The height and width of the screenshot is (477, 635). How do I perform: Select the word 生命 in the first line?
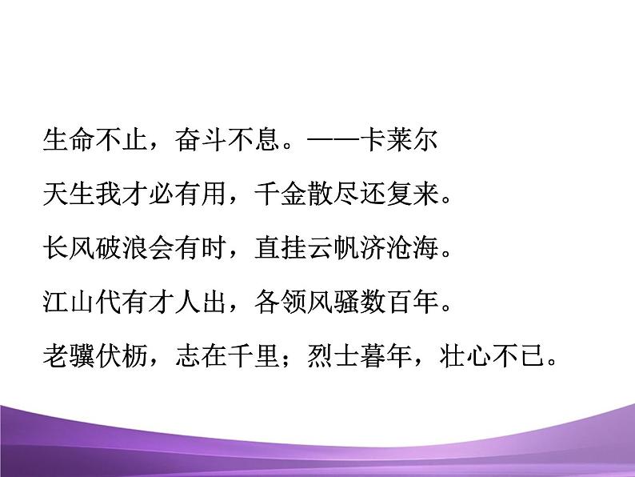click(67, 142)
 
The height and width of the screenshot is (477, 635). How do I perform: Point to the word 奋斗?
click(196, 142)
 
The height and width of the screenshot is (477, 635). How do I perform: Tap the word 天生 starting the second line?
click(67, 194)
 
